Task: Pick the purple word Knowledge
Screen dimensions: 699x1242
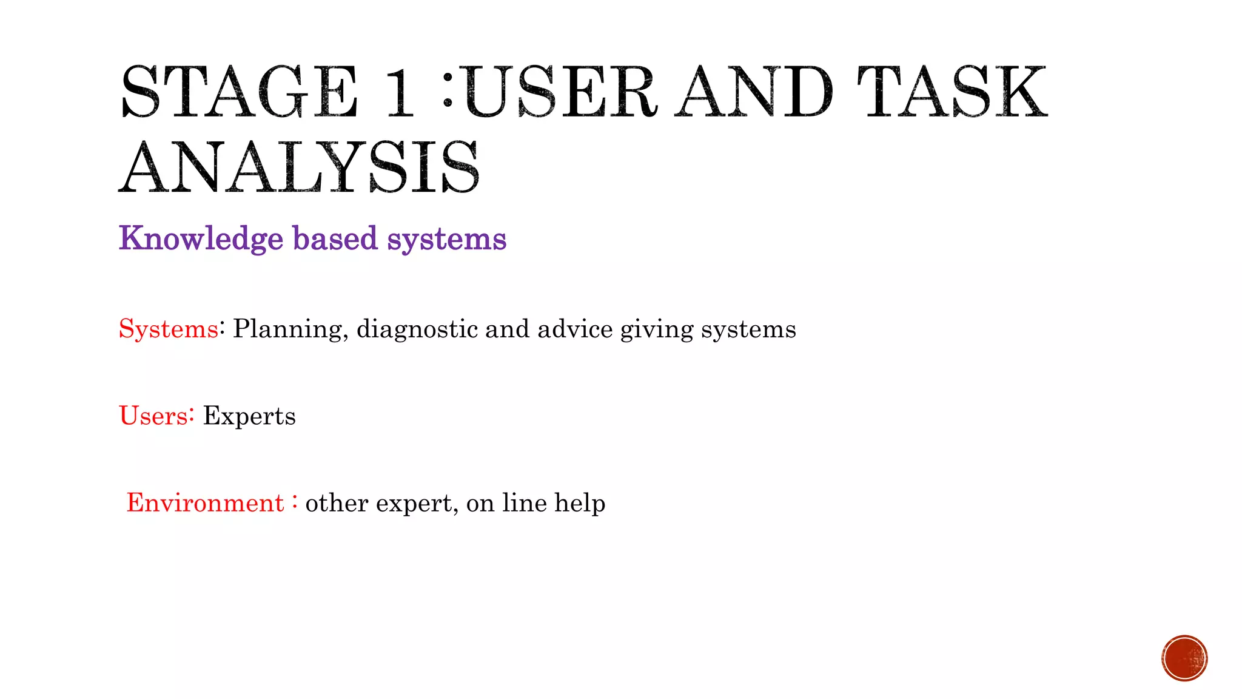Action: coord(201,238)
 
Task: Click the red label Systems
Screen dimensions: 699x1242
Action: coord(168,329)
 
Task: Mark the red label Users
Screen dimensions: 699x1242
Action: coord(153,416)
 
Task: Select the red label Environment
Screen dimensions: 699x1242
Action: coord(205,503)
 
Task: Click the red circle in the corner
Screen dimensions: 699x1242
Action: coord(1184,658)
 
